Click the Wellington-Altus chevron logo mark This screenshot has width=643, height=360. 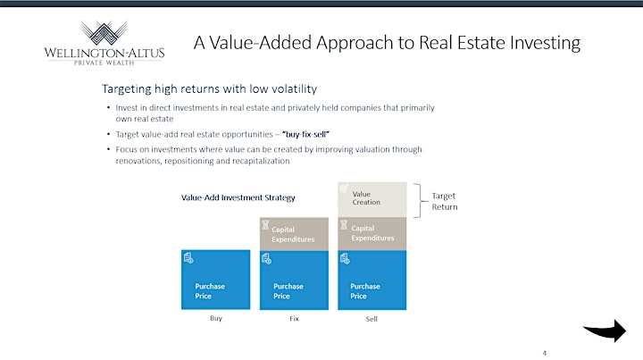pos(104,33)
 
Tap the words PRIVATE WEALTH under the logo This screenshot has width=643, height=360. pos(104,63)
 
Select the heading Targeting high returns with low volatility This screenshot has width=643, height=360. pos(210,89)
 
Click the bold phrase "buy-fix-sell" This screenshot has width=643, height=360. pos(306,134)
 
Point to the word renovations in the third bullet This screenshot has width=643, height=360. pos(138,161)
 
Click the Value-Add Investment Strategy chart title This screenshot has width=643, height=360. pos(238,197)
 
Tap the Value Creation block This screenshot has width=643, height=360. pos(372,199)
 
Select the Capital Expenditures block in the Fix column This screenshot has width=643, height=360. pos(294,234)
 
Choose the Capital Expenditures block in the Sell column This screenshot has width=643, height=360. pos(372,233)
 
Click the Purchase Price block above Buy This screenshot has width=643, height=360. pos(216,280)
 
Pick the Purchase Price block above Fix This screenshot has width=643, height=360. pos(294,280)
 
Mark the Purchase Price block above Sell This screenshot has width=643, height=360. pos(372,280)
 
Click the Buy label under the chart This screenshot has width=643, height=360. pos(216,318)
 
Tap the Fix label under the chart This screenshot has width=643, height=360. pos(294,319)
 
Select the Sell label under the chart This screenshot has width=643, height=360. pos(372,319)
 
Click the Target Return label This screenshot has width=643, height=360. pos(445,201)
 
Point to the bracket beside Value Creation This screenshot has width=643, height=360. pos(420,200)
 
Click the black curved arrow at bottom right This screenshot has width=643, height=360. pos(605,330)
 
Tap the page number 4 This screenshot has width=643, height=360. pos(545,353)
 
